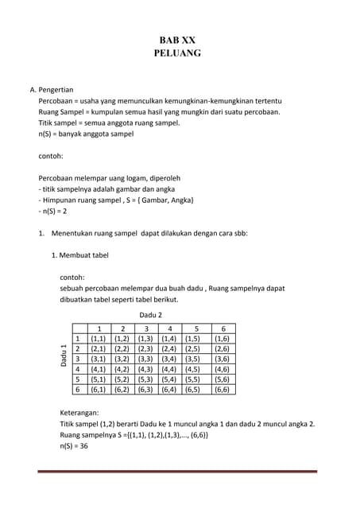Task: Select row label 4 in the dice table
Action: [x=77, y=369]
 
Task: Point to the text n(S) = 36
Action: [x=74, y=446]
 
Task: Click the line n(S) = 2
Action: [x=52, y=212]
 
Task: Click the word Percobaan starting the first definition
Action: [x=57, y=103]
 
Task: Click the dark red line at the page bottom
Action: [x=179, y=472]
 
